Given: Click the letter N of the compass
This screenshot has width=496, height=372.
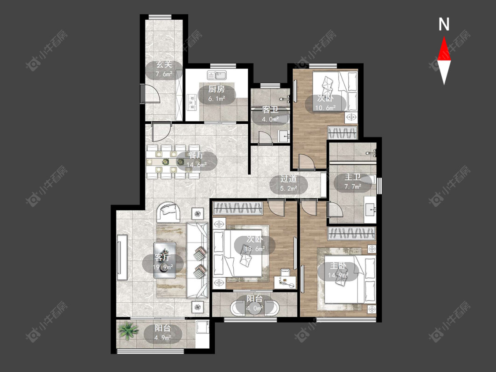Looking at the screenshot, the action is [444, 24].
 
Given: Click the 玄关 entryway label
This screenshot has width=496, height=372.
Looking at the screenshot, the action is [164, 65].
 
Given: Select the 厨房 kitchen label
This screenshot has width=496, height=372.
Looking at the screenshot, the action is [216, 89].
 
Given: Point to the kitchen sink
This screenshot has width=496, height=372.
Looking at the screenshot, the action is [216, 76].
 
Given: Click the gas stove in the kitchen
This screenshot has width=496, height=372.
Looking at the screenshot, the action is [192, 102].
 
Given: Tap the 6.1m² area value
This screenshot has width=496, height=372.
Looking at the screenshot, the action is [216, 99].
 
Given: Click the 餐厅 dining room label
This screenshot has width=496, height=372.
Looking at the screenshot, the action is [196, 155].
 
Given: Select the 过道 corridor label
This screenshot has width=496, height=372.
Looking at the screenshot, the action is [288, 179].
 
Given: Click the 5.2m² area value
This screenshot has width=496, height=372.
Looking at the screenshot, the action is [288, 189].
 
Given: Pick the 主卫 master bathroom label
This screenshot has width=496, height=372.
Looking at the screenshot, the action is [352, 177].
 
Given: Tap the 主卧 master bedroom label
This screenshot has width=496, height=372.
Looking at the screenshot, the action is [338, 266].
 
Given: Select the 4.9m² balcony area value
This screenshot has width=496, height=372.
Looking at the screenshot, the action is [163, 338].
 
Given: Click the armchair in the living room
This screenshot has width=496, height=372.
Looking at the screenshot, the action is [168, 212].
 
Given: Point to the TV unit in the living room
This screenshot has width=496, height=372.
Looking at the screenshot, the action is [122, 257].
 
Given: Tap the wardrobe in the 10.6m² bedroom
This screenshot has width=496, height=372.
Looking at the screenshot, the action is [343, 133].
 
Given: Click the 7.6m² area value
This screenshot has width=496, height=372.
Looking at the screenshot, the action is [164, 74].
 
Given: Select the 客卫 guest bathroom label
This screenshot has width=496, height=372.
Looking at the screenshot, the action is [270, 110].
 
